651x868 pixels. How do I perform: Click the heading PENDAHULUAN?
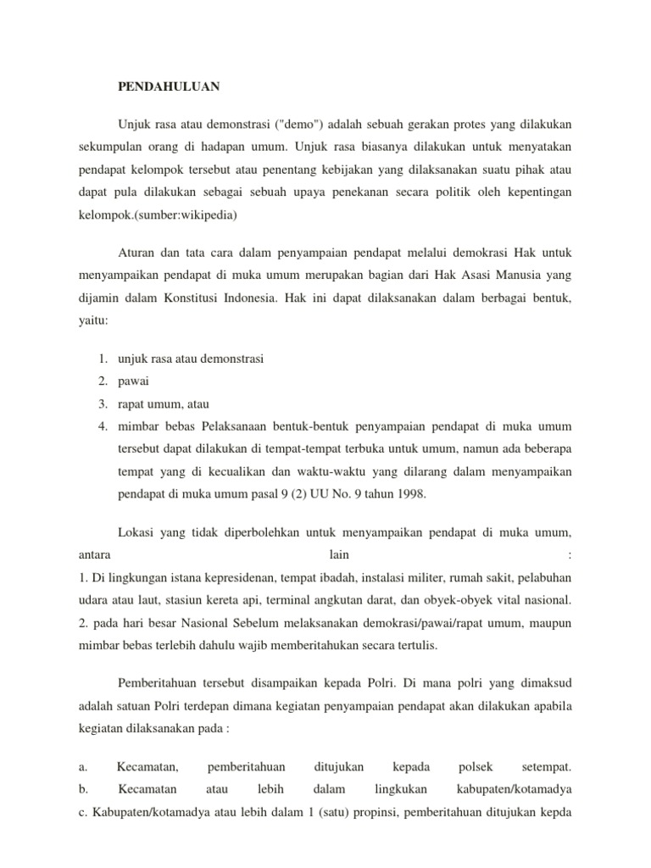[169, 86]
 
